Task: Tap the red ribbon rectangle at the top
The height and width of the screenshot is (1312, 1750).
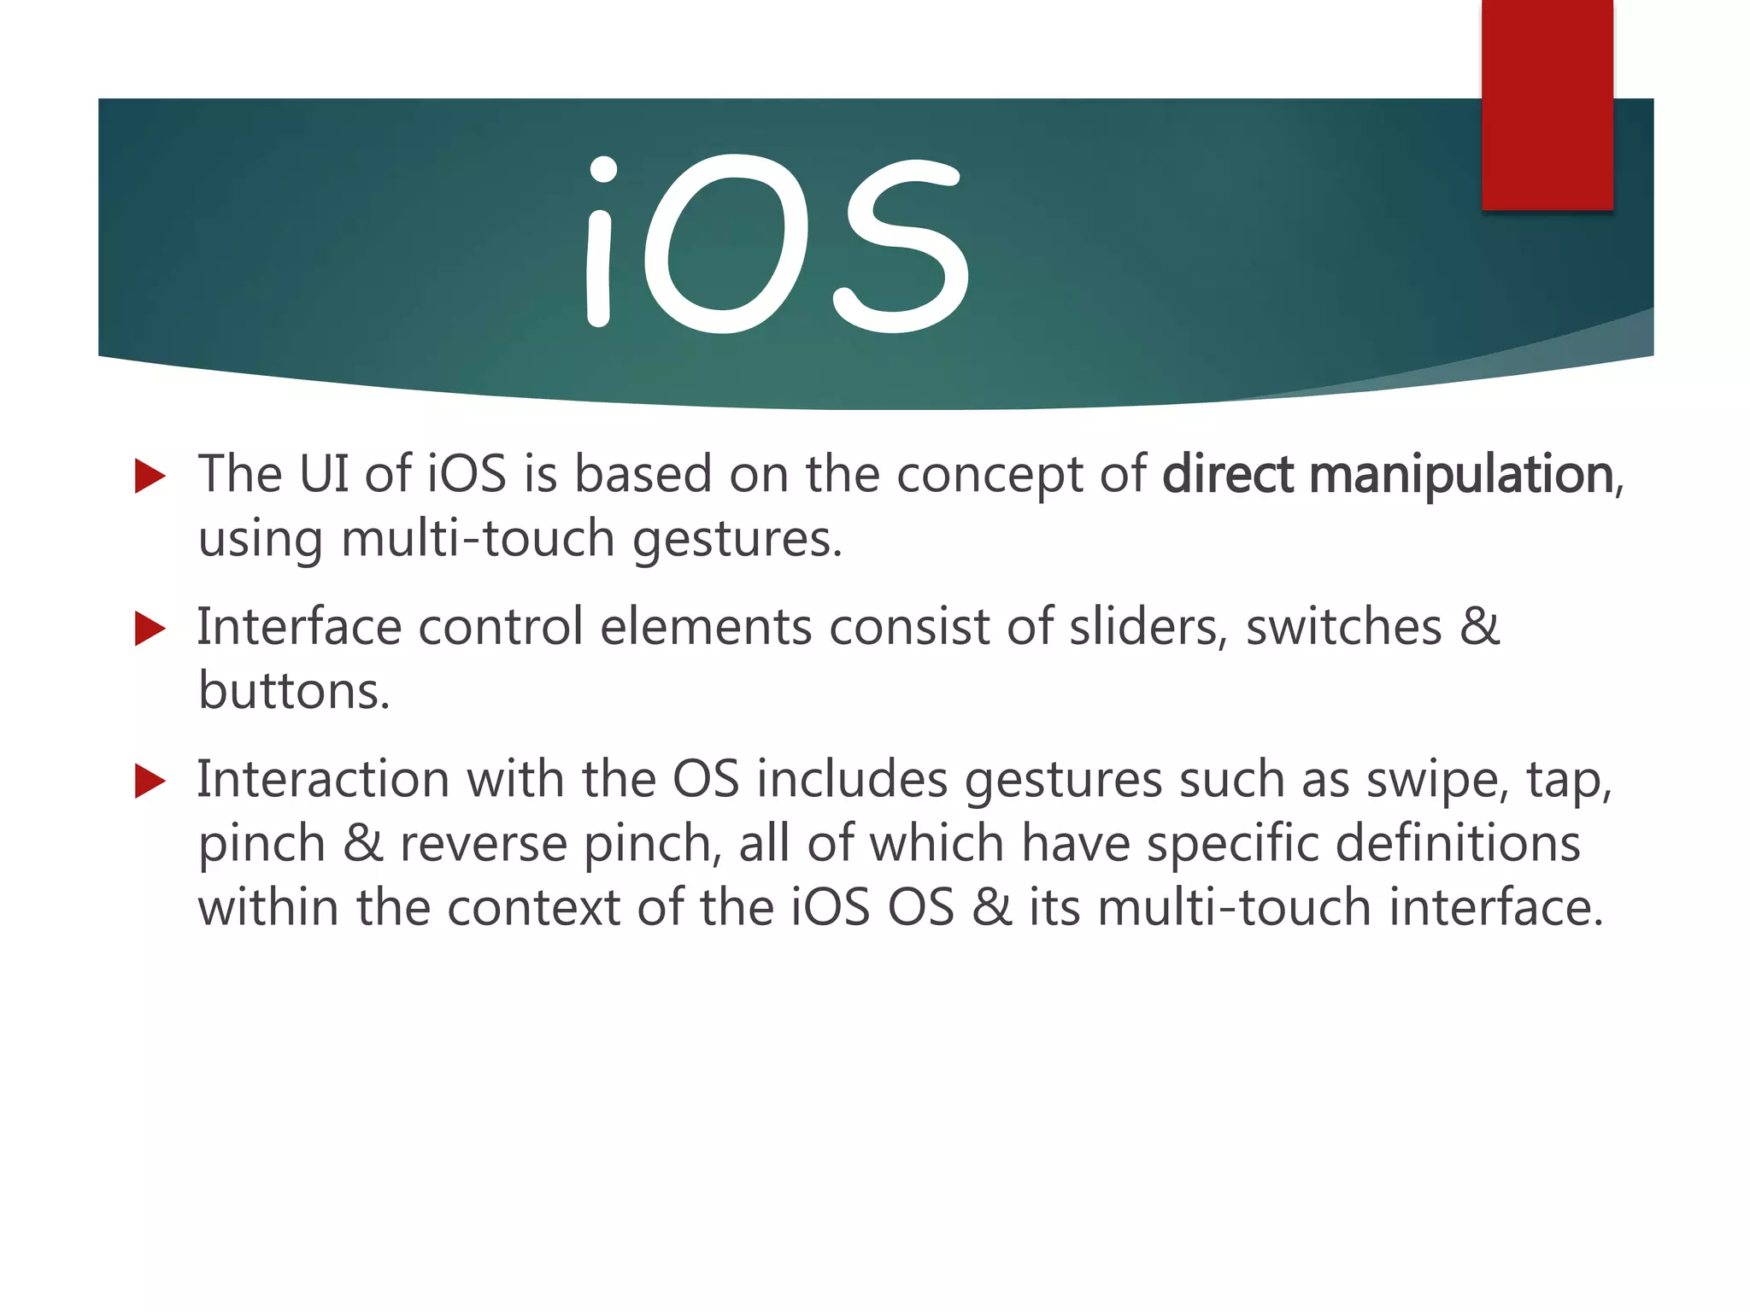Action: (1547, 104)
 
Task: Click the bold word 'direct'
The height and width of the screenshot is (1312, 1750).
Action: (1227, 475)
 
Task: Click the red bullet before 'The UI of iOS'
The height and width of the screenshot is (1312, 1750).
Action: (150, 476)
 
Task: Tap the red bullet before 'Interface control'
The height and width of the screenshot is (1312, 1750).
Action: (150, 630)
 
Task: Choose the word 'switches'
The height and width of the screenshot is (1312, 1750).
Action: (1344, 628)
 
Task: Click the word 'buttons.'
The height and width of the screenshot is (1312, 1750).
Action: (294, 691)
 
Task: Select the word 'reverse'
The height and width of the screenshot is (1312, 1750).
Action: (484, 845)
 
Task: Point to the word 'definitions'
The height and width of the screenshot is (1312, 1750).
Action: (1458, 843)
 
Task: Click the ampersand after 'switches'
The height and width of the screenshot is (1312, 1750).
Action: (1479, 628)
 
